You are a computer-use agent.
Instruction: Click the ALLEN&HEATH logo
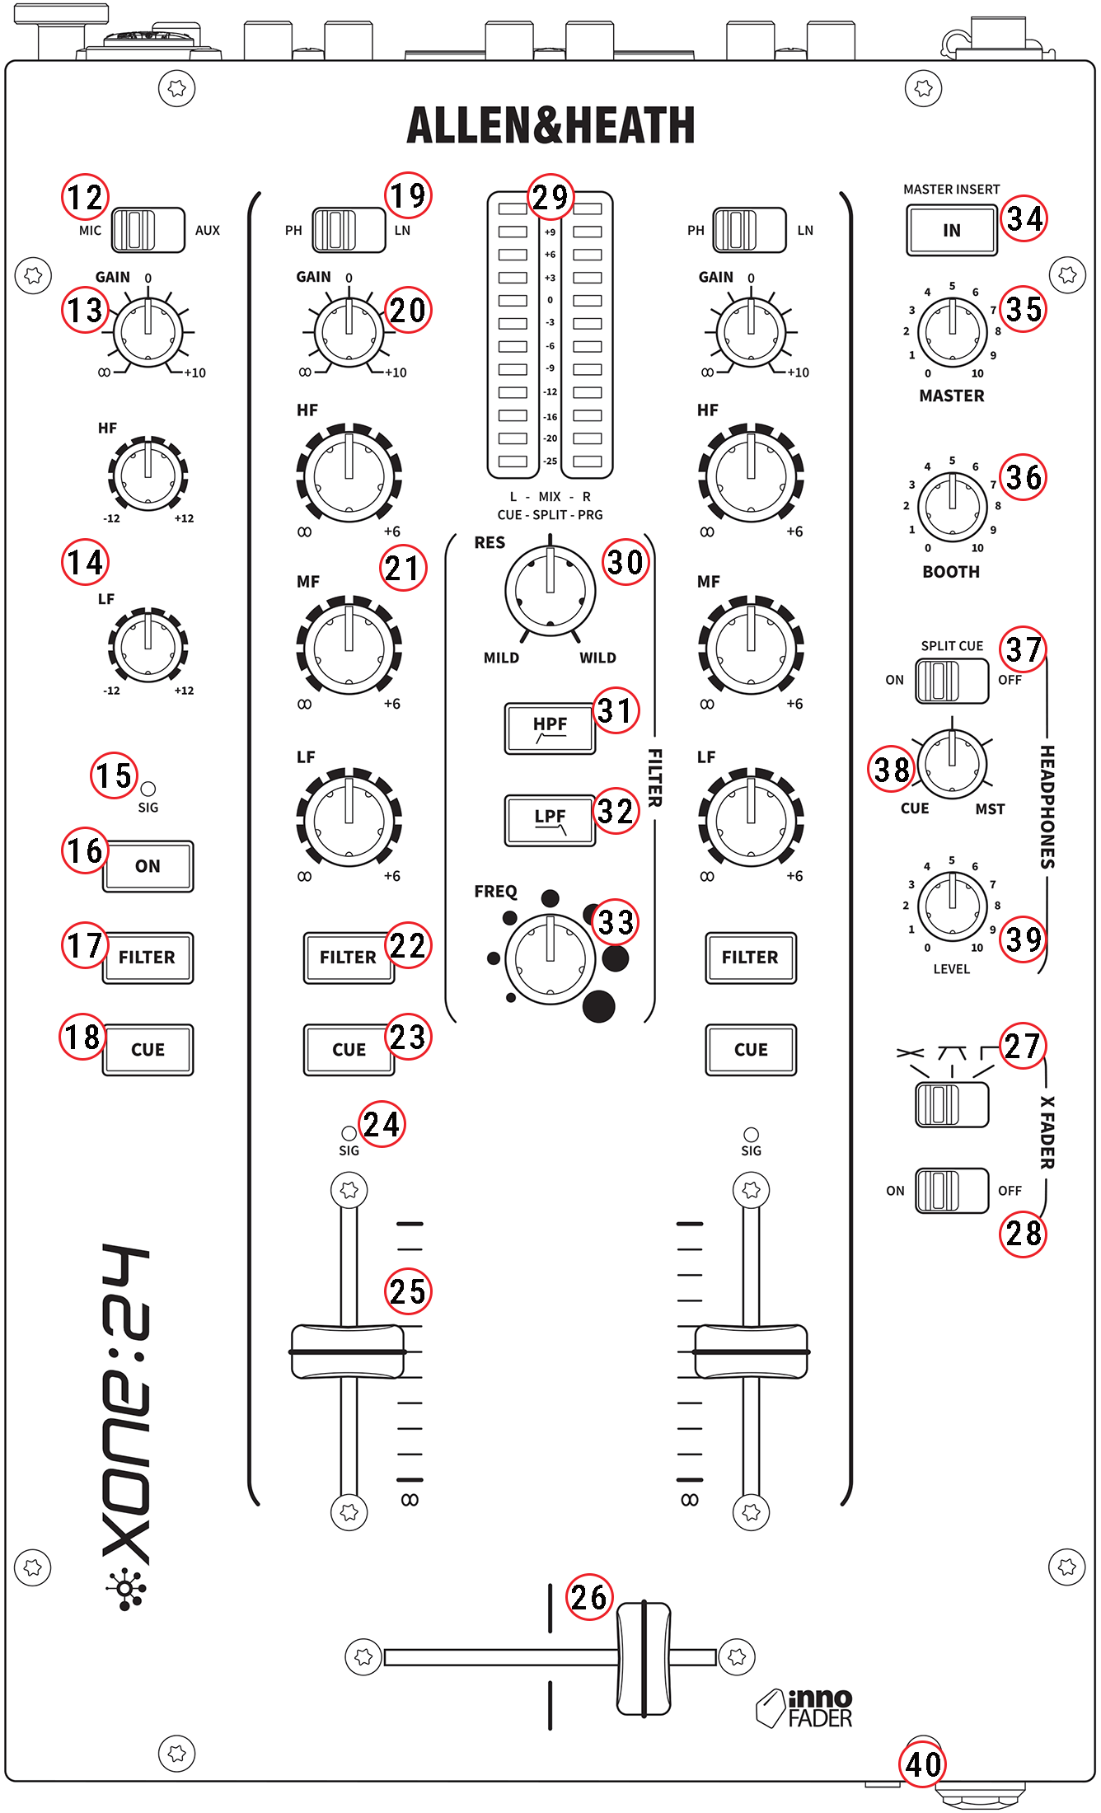click(x=550, y=126)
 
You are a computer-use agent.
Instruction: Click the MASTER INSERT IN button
click(x=952, y=231)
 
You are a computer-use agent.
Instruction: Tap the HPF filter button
click(x=550, y=728)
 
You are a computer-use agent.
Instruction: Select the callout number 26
click(x=589, y=1598)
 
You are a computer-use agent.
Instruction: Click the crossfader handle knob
click(x=644, y=1658)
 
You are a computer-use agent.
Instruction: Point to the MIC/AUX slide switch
click(x=148, y=230)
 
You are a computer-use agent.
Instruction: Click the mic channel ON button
click(x=148, y=866)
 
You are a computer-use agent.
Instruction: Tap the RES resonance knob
click(x=550, y=590)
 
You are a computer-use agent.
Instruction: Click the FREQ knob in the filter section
click(x=550, y=958)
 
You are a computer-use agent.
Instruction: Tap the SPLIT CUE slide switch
click(x=952, y=681)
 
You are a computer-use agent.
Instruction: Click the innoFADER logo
click(x=804, y=1708)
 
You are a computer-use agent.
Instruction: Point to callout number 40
click(x=923, y=1764)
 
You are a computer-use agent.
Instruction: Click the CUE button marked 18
click(x=148, y=1050)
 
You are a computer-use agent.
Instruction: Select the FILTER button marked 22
click(x=348, y=958)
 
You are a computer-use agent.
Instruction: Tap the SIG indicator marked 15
click(x=148, y=789)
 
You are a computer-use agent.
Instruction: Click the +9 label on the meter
click(x=550, y=232)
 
